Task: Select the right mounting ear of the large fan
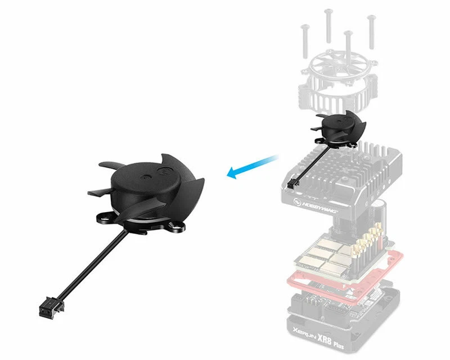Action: point(178,226)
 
